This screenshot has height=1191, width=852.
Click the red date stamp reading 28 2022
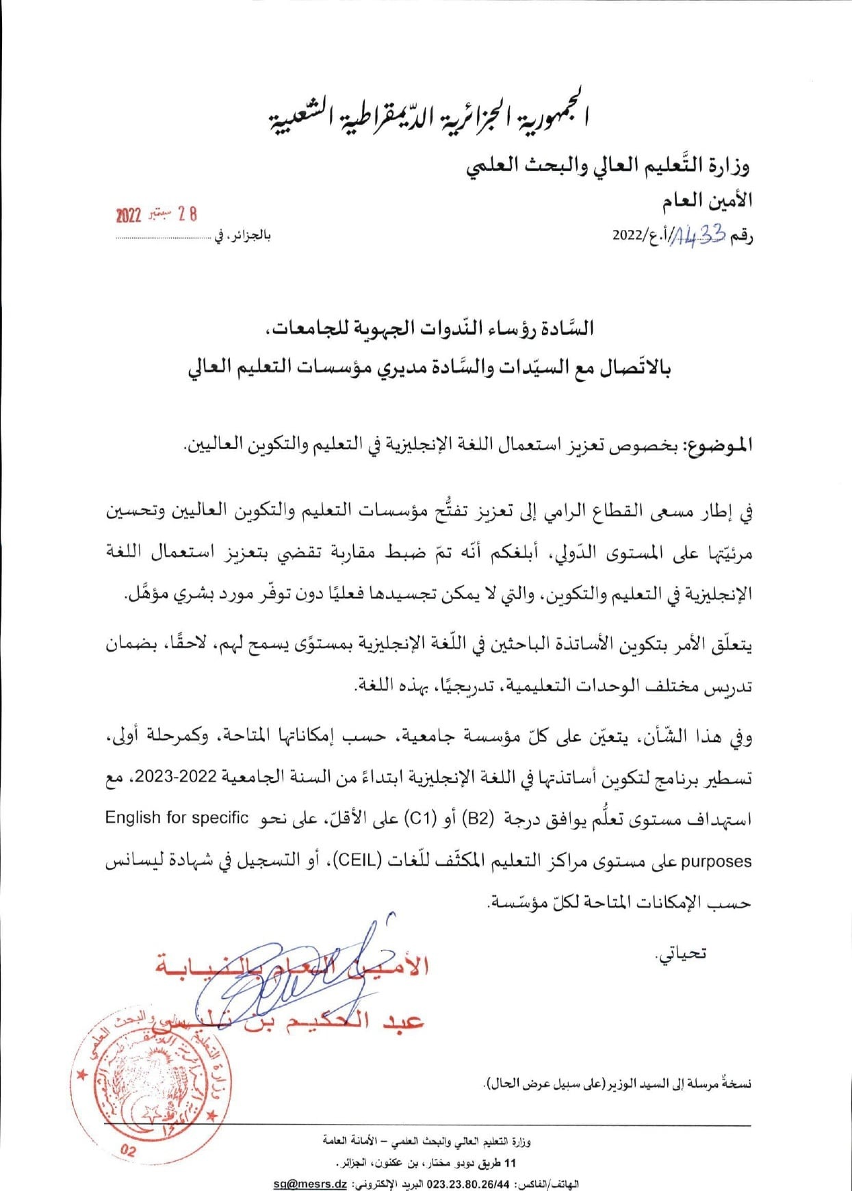coord(157,214)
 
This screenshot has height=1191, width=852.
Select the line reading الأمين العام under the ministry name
coord(708,201)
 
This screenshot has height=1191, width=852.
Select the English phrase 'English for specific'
coord(177,817)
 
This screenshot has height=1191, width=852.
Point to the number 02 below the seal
coord(128,1151)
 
